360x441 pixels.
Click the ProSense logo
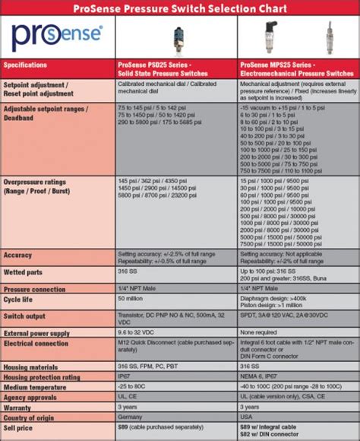pos(58,36)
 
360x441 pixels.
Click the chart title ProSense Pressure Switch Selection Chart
pos(180,8)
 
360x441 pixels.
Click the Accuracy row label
pos(18,255)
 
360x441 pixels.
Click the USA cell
pos(247,417)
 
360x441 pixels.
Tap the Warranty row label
pos(21,407)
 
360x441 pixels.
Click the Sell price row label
pos(21,427)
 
